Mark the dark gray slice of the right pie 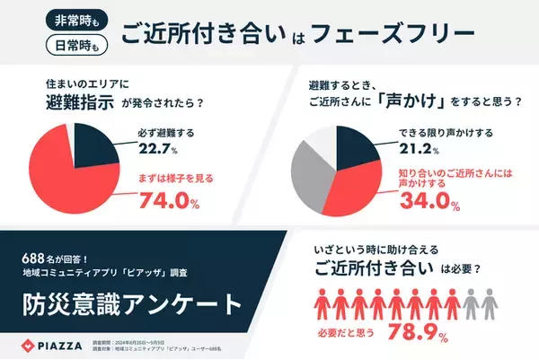pyautogui.click(x=309, y=175)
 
